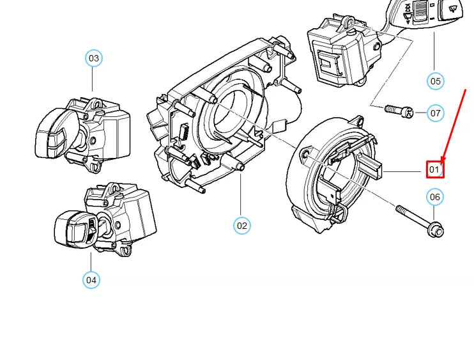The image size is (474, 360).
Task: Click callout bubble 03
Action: [94, 58]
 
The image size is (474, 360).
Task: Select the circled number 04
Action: [91, 280]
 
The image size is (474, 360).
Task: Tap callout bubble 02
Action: [242, 226]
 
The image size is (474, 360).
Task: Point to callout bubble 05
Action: [435, 81]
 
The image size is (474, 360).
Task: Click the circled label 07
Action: [435, 113]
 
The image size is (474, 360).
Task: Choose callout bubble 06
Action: [434, 197]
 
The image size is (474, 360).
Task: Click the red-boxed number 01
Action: [435, 169]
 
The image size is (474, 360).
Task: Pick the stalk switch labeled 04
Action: [105, 219]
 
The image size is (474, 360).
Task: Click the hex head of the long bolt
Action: [437, 231]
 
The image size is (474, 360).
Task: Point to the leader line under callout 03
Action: [93, 79]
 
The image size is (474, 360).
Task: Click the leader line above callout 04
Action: [91, 262]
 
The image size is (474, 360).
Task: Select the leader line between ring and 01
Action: [402, 171]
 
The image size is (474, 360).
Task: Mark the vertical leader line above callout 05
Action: [434, 52]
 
